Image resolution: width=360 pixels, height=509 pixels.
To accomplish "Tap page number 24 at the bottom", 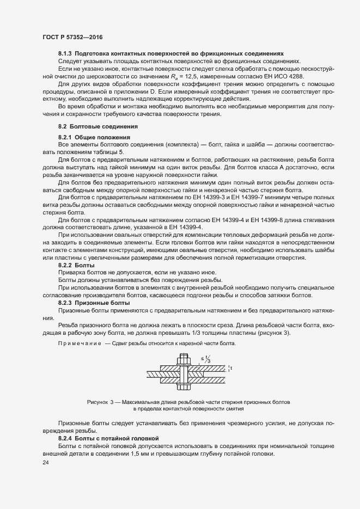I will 46,462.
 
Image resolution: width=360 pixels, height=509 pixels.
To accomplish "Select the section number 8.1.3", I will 65,55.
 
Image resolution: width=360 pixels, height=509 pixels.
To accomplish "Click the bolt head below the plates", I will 183,386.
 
